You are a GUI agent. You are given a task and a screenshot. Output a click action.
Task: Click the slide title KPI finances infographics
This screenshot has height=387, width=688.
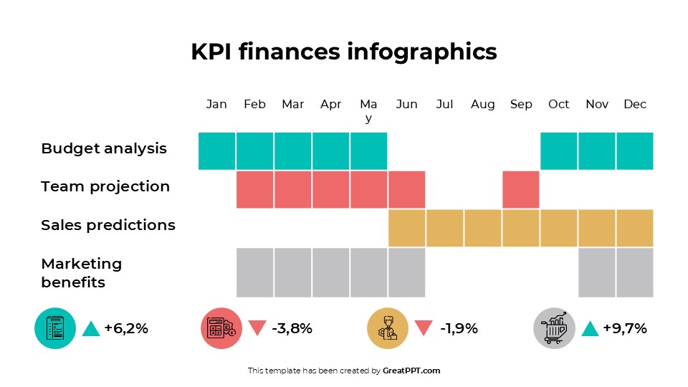pyautogui.click(x=343, y=52)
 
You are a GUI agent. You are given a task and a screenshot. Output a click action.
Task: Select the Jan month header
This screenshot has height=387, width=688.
pyautogui.click(x=216, y=105)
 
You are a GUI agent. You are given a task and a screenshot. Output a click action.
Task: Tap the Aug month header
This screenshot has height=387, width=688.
pyautogui.click(x=482, y=105)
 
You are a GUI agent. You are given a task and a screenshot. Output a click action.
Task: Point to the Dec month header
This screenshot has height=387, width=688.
pyautogui.click(x=635, y=105)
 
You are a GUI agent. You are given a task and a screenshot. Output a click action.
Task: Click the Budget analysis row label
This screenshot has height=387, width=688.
pyautogui.click(x=104, y=149)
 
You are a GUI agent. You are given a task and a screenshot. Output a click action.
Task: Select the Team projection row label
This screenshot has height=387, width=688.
pyautogui.click(x=105, y=187)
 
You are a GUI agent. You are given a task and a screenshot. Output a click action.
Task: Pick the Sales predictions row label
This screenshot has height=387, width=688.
pyautogui.click(x=108, y=225)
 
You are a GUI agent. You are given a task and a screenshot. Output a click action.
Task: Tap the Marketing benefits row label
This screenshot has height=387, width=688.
pyautogui.click(x=82, y=273)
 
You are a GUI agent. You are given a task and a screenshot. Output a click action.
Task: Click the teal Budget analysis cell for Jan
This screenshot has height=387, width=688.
pyautogui.click(x=216, y=150)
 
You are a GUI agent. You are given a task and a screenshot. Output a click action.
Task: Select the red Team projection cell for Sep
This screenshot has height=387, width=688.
pyautogui.click(x=521, y=189)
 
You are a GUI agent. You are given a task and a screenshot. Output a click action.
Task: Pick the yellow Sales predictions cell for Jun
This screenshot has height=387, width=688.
pyautogui.click(x=406, y=227)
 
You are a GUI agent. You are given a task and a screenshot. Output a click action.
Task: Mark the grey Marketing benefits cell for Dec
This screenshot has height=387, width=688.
pyautogui.click(x=635, y=272)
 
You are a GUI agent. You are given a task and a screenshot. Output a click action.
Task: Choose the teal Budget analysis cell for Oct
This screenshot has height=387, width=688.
pyautogui.click(x=559, y=150)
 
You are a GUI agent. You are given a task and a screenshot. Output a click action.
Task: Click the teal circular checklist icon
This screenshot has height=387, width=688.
pyautogui.click(x=55, y=328)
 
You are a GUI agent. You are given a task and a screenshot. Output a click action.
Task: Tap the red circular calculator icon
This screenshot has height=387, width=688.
pyautogui.click(x=221, y=328)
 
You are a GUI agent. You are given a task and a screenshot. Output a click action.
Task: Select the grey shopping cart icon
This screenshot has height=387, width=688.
pyautogui.click(x=554, y=328)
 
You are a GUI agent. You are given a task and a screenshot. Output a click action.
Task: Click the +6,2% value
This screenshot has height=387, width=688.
pyautogui.click(x=126, y=329)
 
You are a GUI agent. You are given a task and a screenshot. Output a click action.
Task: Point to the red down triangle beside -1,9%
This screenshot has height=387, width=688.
pyautogui.click(x=424, y=328)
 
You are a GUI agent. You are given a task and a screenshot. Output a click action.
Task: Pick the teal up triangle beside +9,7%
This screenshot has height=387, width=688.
pyautogui.click(x=590, y=328)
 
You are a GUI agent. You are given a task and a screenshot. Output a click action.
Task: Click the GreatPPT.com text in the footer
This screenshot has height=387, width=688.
pyautogui.click(x=411, y=371)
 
